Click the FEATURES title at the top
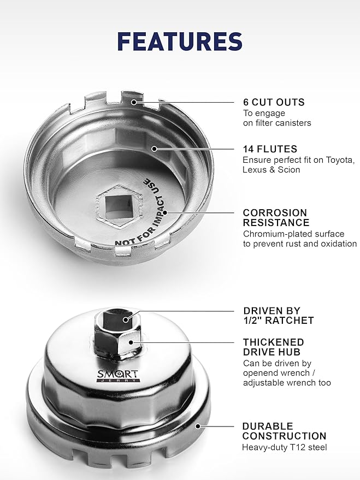[x=180, y=42]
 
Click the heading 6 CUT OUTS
[x=274, y=102]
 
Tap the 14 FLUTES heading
[x=270, y=149]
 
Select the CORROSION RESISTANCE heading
[x=276, y=217]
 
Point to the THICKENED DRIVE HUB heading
[x=272, y=347]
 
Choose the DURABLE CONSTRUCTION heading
[x=284, y=431]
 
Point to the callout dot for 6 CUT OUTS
[x=133, y=102]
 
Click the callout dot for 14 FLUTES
[x=155, y=149]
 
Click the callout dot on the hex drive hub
[x=130, y=342]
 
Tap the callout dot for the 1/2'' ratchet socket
[x=126, y=319]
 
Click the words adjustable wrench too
[x=287, y=383]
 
